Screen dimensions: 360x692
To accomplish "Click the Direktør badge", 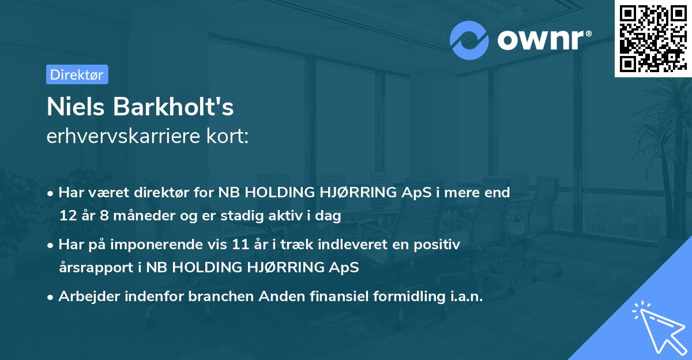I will [x=77, y=74].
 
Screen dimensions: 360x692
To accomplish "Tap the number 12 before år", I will [x=67, y=216].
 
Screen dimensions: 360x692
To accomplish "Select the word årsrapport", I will [x=96, y=268].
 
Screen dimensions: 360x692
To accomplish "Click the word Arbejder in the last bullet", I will [x=86, y=297].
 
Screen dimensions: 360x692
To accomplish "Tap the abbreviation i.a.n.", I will [x=467, y=297].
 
